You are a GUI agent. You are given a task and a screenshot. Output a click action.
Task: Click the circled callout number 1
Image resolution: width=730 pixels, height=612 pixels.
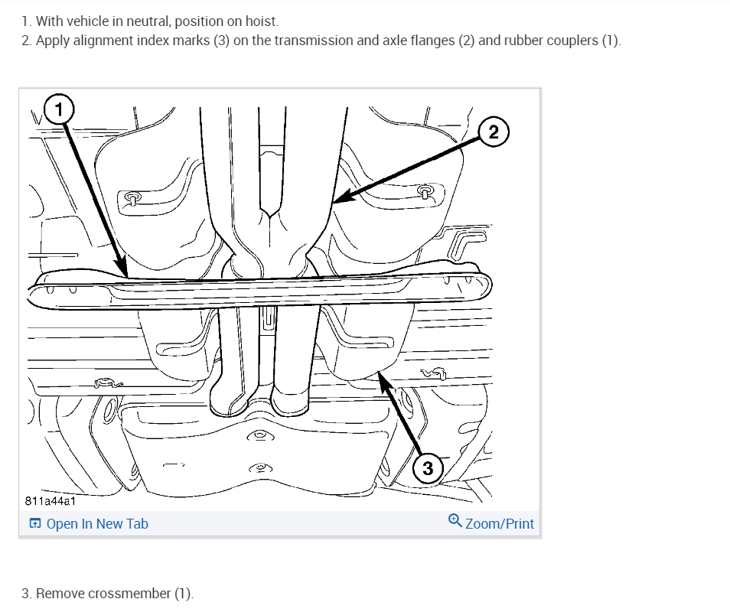click(x=59, y=109)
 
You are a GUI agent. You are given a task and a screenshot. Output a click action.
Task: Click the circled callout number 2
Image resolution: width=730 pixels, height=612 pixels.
click(x=494, y=133)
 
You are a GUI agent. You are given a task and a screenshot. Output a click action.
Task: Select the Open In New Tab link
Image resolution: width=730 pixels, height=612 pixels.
click(x=97, y=524)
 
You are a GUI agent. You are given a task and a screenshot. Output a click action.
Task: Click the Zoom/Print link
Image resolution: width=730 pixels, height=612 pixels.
click(x=500, y=524)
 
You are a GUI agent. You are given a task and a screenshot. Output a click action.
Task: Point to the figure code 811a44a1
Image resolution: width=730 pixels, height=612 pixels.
click(x=50, y=502)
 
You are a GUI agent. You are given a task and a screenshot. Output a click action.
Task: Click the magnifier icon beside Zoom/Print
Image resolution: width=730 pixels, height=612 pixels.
click(x=455, y=522)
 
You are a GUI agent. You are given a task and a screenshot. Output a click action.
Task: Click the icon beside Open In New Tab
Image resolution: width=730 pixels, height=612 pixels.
click(x=34, y=524)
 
